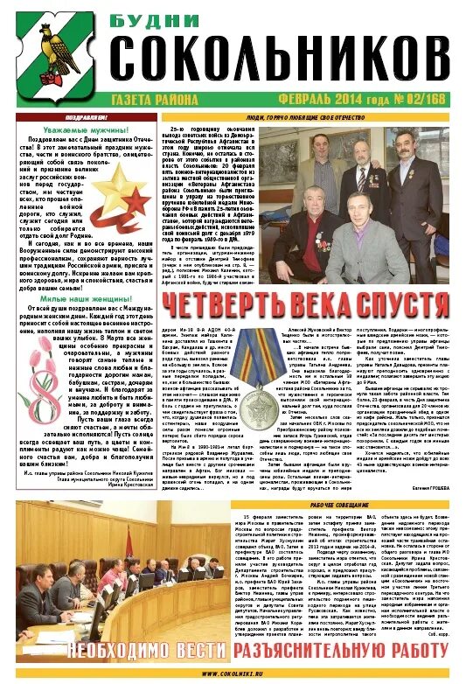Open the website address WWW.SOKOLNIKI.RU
click(x=236, y=674)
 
